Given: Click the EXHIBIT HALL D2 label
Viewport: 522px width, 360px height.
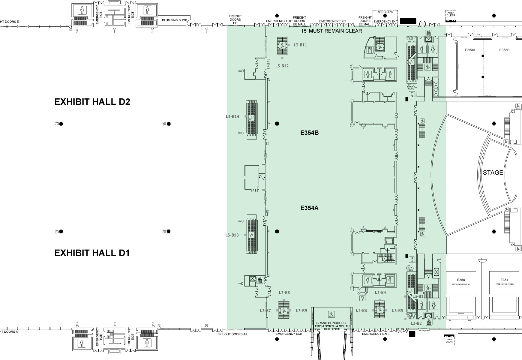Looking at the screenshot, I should [92, 102].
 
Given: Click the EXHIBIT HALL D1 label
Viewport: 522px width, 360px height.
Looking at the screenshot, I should [92, 253].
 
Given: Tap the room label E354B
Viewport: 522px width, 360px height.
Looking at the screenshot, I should [309, 133].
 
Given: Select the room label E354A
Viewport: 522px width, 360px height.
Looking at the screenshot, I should [309, 208].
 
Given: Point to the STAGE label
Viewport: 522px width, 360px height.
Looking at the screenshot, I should [493, 173].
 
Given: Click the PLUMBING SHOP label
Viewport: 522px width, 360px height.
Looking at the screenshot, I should [174, 20].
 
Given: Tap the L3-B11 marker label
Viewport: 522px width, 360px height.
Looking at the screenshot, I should [300, 45].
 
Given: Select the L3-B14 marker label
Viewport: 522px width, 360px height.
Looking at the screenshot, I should [232, 116].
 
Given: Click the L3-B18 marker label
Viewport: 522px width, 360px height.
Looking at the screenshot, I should [232, 235].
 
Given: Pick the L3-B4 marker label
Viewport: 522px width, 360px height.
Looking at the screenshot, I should [380, 292].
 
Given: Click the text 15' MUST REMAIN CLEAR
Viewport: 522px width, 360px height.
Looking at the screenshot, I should [331, 31].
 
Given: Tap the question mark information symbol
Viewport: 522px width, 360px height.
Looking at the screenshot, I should [363, 298].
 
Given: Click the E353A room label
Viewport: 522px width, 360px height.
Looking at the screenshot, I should [470, 50].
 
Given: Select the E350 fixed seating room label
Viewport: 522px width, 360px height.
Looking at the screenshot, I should [461, 280].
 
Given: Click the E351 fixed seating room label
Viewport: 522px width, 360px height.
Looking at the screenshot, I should [504, 280].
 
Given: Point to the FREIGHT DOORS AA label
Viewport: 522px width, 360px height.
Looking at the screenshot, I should [232, 334].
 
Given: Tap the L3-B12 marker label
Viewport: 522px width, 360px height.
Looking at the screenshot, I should [282, 66].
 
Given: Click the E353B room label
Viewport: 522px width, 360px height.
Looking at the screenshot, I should [504, 50].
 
